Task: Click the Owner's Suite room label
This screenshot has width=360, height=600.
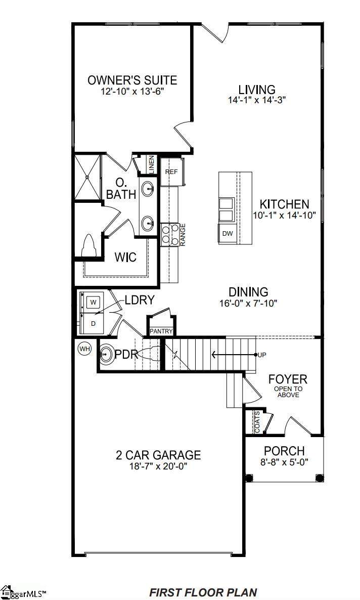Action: (x=132, y=80)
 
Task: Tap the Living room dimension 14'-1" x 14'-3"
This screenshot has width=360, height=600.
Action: (x=256, y=100)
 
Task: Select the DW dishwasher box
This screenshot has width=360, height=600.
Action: (x=227, y=233)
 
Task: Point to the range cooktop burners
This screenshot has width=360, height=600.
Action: (x=170, y=234)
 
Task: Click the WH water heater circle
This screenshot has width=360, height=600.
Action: (x=84, y=349)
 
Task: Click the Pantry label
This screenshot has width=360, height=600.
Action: (x=161, y=331)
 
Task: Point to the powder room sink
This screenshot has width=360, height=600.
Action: (x=106, y=354)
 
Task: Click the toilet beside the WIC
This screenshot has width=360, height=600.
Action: (x=88, y=246)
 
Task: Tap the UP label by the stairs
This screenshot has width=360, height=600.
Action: (x=262, y=355)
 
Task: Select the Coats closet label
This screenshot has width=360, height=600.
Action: (x=257, y=422)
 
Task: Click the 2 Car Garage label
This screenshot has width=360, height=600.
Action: (x=158, y=455)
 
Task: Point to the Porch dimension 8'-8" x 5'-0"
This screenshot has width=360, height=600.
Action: (x=284, y=462)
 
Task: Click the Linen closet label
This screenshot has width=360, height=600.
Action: (x=152, y=164)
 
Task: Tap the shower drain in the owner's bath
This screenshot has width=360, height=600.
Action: (x=87, y=177)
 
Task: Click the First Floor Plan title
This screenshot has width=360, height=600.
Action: (x=203, y=592)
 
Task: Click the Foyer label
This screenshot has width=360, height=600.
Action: (x=288, y=379)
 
